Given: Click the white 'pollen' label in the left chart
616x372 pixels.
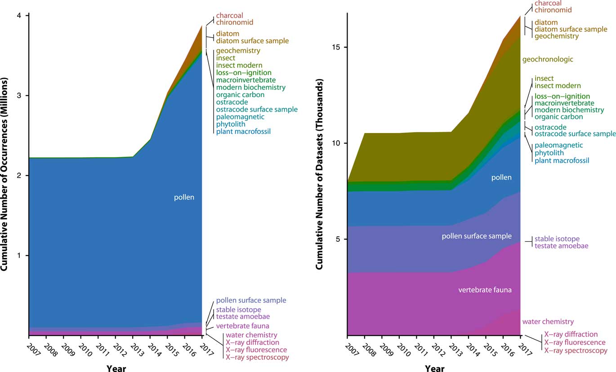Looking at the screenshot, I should click(184, 197).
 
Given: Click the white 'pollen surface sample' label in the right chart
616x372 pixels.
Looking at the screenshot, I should click(477, 236).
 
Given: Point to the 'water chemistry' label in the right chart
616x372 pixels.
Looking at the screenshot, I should click(548, 322).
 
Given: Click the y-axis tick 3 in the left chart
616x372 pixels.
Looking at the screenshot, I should click(21, 96).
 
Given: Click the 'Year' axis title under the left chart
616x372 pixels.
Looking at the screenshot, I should click(116, 369).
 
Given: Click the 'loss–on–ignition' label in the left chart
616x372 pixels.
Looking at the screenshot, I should click(243, 73).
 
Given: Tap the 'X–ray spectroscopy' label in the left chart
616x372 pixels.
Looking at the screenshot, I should click(257, 357).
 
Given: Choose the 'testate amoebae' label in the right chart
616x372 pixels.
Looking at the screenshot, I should click(561, 246).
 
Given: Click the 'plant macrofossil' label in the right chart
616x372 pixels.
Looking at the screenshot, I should click(562, 160).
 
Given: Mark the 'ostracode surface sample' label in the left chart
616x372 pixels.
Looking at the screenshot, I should click(257, 110).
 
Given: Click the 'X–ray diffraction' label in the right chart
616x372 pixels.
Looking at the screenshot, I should click(571, 334).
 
